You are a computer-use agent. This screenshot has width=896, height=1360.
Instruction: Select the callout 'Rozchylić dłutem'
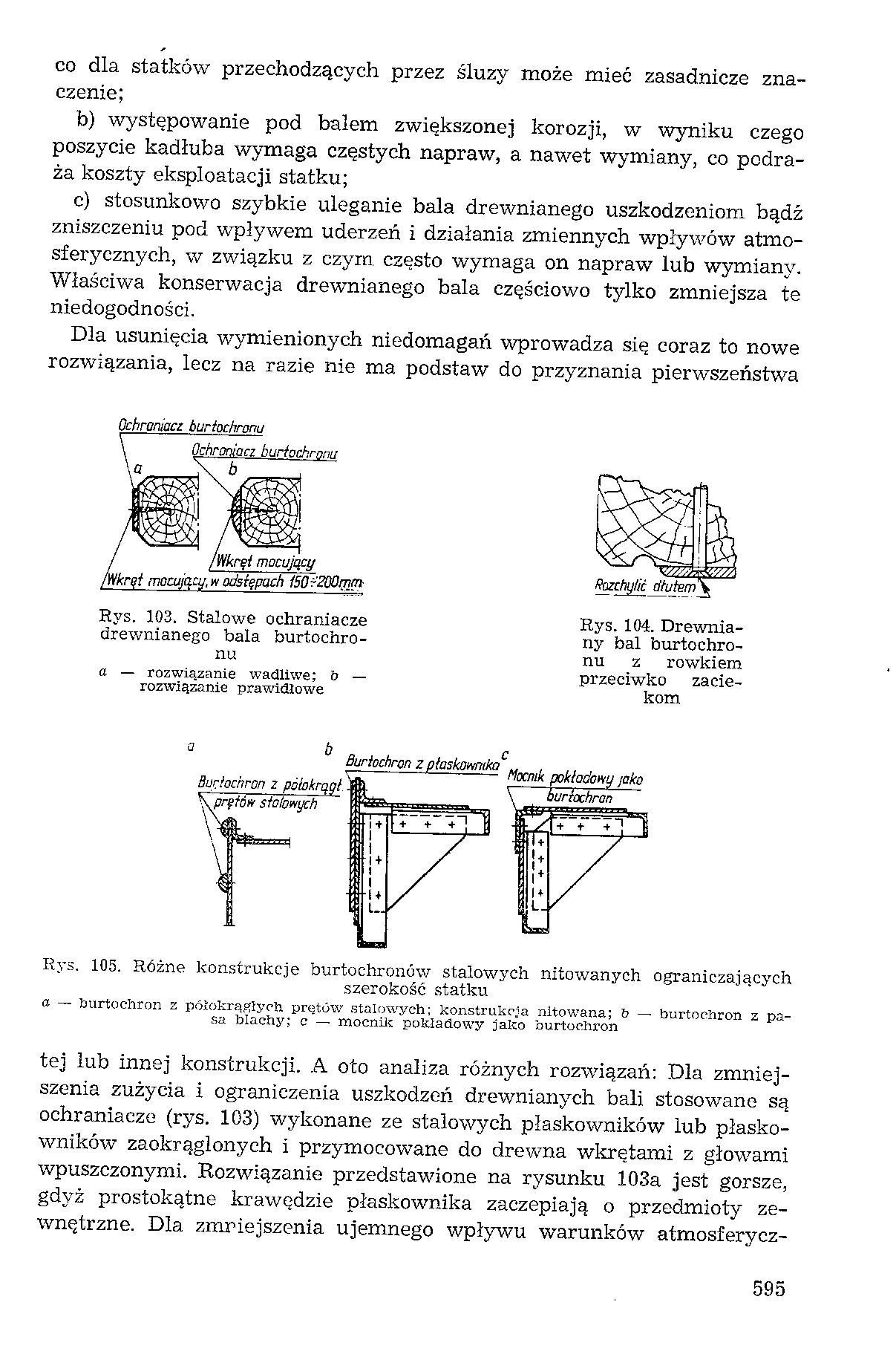point(647,587)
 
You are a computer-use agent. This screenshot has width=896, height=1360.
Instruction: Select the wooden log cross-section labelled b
point(267,510)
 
